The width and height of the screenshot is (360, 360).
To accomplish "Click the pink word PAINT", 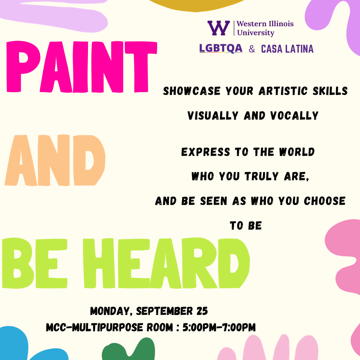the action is (82, 67).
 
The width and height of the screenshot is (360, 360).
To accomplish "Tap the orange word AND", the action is (55, 160).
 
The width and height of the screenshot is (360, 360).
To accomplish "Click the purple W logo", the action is (219, 28).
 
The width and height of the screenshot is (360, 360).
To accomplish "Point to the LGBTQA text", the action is (221, 48).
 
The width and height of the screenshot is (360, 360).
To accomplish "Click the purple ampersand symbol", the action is (252, 49).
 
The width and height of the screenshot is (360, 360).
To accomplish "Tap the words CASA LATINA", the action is (287, 49).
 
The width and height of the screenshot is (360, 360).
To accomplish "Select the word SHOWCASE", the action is (192, 91).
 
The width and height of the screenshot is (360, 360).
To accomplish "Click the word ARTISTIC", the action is (283, 91).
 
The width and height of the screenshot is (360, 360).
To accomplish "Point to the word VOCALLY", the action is (294, 115).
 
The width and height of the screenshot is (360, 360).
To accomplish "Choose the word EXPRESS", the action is (205, 152).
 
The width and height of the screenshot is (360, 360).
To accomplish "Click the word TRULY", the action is (262, 176).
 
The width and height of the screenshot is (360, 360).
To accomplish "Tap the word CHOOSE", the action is (325, 201).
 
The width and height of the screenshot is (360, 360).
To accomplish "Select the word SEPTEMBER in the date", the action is (164, 311).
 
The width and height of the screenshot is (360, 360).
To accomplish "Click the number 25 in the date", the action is (202, 311).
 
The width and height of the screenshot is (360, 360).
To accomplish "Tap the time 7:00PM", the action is (239, 327).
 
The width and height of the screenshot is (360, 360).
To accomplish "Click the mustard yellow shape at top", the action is (196, 5).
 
